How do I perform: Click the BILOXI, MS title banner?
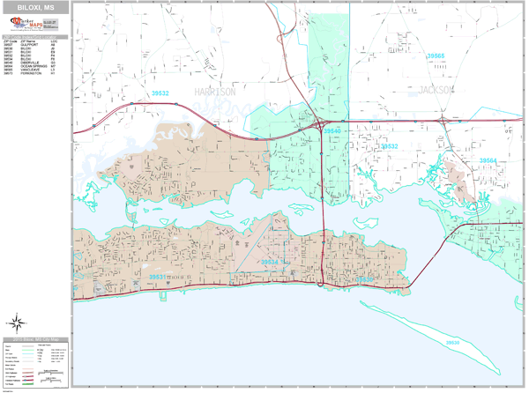click(x=36, y=6)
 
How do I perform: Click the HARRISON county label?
click(x=215, y=92)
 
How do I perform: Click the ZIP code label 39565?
click(x=436, y=56)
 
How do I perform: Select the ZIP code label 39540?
click(x=332, y=130)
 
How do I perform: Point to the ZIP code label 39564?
click(x=488, y=160)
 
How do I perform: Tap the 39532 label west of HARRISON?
click(x=160, y=91)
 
